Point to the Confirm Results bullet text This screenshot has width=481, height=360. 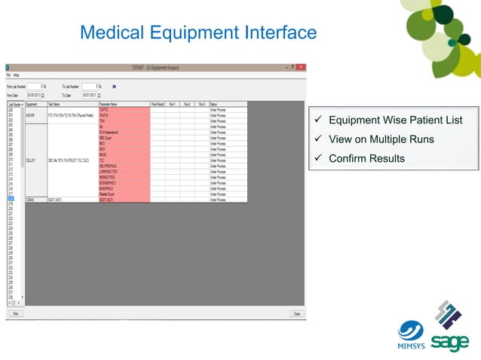[366, 158]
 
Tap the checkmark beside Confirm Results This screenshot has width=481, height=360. [320, 158]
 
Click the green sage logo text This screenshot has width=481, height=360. [450, 342]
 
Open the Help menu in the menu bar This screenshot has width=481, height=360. [16, 75]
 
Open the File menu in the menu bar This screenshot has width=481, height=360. [8, 75]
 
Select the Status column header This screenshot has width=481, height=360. [213, 104]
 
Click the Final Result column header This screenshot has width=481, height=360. [158, 104]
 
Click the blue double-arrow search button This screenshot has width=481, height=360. [114, 87]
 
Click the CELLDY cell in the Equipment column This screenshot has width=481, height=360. [31, 160]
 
